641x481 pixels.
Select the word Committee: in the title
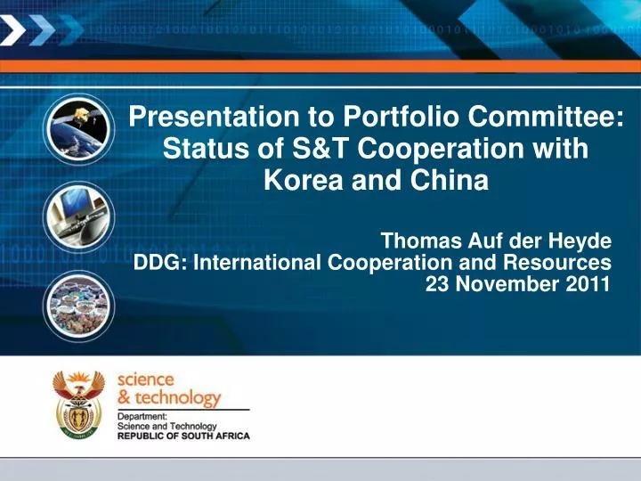546,117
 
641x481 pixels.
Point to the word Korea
304,180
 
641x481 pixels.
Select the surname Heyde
580,240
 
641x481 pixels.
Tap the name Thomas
421,240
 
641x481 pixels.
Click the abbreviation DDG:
160,262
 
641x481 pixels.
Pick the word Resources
557,262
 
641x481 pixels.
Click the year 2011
588,284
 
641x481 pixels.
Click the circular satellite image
78,129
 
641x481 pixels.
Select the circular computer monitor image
78,216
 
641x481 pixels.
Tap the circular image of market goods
78,306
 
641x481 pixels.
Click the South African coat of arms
78,404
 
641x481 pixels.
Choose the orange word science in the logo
145,380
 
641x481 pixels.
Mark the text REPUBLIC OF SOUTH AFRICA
183,436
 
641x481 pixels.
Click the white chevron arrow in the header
12,29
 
